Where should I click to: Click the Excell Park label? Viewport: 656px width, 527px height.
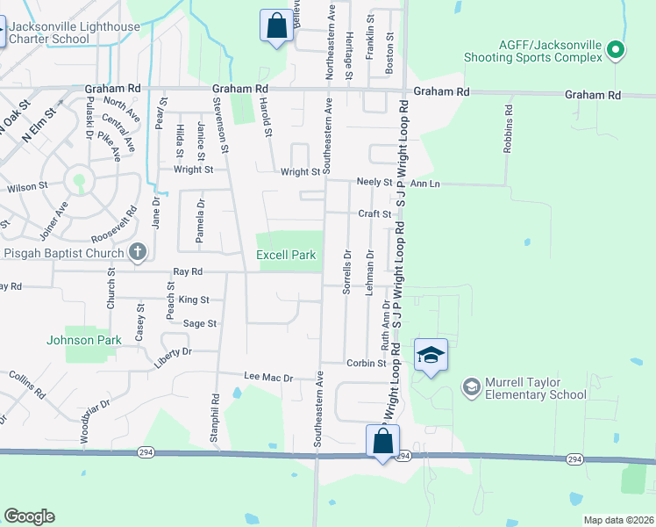[285, 255]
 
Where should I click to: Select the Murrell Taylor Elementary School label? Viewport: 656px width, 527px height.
[524, 388]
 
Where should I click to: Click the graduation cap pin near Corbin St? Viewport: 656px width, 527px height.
[431, 356]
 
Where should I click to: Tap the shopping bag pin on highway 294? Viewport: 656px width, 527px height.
[383, 442]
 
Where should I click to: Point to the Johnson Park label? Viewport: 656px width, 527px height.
[82, 339]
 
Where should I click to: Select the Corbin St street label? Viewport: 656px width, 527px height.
[367, 363]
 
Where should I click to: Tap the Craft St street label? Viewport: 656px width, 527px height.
[374, 213]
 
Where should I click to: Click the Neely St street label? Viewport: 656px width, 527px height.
[374, 182]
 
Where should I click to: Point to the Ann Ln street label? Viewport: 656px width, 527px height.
[424, 184]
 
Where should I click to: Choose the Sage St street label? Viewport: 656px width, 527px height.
[200, 323]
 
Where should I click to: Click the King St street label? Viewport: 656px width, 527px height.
[194, 300]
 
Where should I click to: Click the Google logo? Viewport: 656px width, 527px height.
[29, 516]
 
